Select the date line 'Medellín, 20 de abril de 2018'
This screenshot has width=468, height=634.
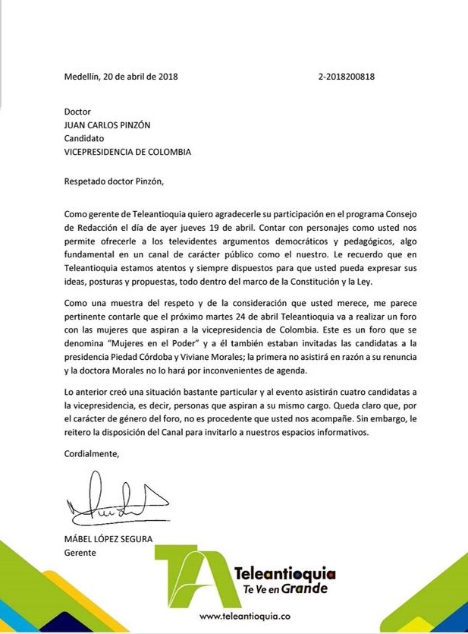[121, 76]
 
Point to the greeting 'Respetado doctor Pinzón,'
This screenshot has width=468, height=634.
[114, 181]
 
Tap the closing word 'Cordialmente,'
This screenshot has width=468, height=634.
[92, 454]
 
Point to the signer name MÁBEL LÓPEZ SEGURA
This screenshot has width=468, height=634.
[108, 540]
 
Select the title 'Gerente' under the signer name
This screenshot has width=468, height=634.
[80, 553]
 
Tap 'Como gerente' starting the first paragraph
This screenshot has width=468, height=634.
[94, 212]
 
